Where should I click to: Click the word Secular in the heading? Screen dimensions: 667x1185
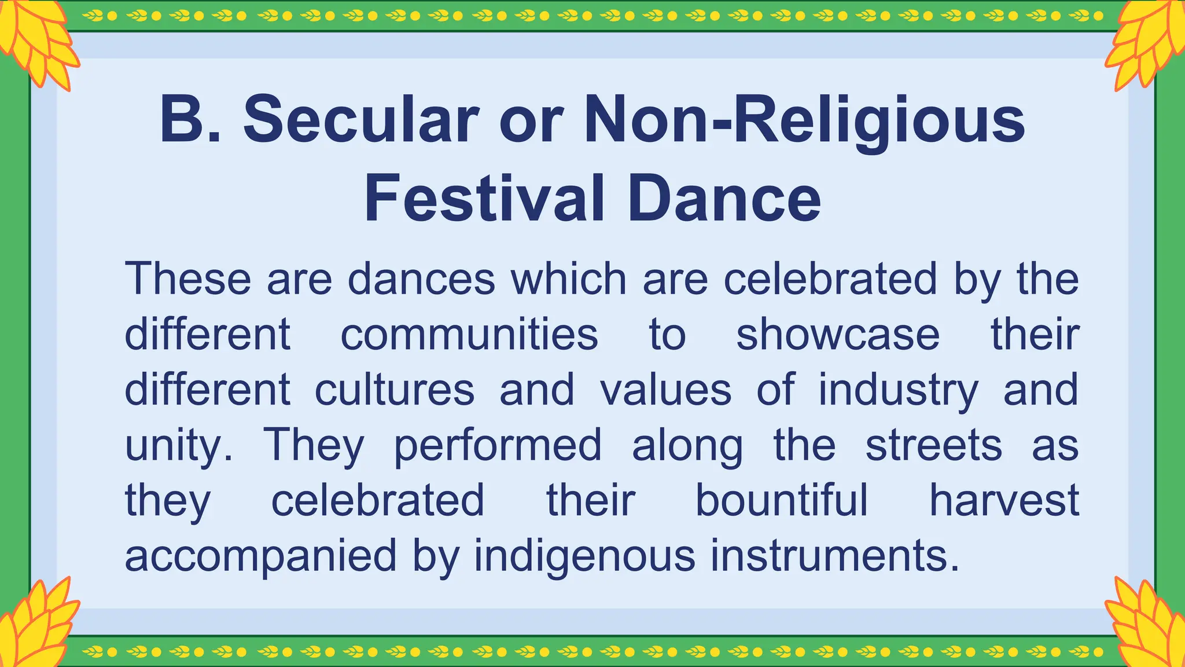[361, 120]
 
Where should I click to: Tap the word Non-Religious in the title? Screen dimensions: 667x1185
[804, 120]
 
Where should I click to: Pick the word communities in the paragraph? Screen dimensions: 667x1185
[469, 334]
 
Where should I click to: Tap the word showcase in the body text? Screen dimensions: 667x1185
[837, 334]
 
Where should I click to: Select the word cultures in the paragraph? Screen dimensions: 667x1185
[395, 390]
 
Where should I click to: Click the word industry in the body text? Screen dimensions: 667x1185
[898, 390]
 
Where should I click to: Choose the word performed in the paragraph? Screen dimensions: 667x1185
[498, 445]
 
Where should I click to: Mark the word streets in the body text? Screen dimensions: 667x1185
[933, 445]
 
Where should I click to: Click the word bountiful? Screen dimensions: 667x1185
[781, 500]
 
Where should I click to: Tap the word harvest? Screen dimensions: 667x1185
[1004, 500]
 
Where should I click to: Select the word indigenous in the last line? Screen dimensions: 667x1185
[584, 556]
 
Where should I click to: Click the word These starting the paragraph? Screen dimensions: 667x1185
[187, 279]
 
